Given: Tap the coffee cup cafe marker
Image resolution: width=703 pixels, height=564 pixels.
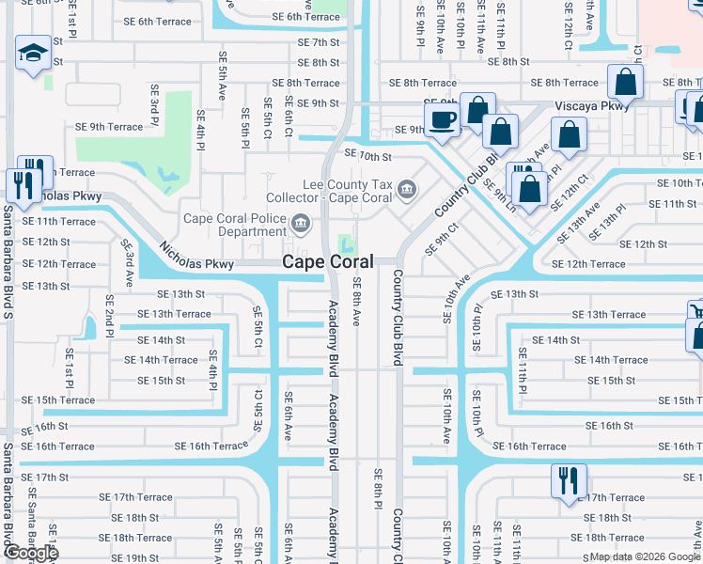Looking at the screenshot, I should [441, 119].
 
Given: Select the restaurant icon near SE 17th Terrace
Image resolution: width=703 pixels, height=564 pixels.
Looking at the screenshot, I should [569, 480].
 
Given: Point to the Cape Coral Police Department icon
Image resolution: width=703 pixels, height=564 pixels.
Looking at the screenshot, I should [301, 223].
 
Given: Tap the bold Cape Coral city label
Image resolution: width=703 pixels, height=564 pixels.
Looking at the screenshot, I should [328, 263].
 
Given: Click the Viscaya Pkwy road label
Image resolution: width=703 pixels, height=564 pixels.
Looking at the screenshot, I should [592, 106].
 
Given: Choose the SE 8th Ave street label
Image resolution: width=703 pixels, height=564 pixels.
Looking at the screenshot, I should [357, 301].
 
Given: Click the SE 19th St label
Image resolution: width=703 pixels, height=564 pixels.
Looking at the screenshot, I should [140, 557].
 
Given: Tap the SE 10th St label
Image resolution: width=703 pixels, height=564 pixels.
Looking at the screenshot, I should [367, 154].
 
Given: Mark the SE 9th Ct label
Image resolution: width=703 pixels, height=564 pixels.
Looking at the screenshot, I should [441, 239].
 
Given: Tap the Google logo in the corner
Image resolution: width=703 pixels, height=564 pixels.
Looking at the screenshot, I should [30, 553].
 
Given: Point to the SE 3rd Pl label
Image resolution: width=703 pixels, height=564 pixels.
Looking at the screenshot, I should [153, 104].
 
